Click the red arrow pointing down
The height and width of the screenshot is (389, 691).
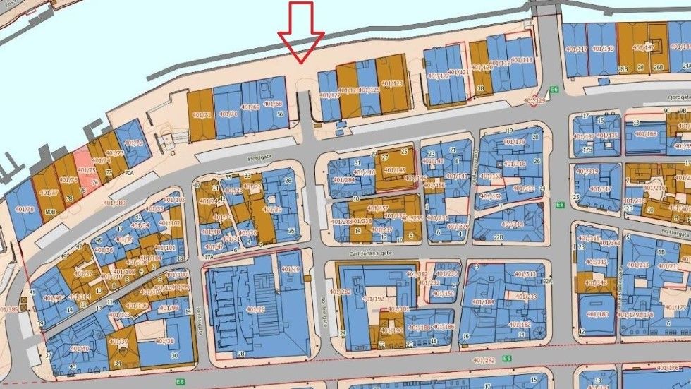[301, 35]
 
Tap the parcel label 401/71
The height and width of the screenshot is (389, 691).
[202, 115]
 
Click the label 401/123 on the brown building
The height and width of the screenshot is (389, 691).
[391, 84]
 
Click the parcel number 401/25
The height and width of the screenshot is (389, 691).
[255, 309]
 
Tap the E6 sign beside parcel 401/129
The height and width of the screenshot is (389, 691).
[554, 90]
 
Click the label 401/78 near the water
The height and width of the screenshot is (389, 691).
[24, 209]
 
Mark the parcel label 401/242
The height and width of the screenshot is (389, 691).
[484, 360]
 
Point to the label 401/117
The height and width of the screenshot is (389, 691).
[576, 49]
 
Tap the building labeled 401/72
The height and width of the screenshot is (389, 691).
[133, 143]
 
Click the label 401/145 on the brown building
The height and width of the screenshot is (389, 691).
[394, 169]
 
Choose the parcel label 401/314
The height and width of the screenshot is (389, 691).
[513, 225]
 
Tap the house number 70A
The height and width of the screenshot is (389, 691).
[129, 172]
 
